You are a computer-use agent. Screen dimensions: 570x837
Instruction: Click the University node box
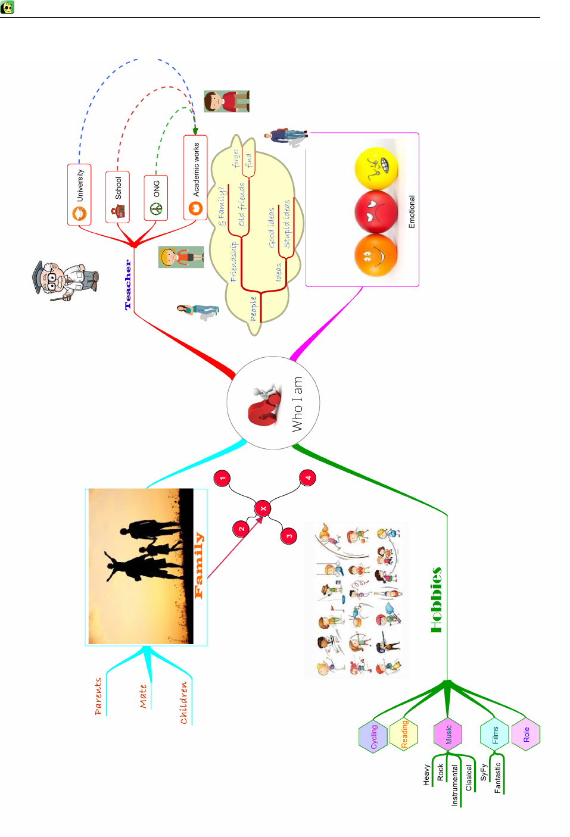79,194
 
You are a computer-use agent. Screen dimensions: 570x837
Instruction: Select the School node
117,197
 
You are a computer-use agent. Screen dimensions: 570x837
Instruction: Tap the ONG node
155,198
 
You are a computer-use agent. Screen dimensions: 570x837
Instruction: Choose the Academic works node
195,177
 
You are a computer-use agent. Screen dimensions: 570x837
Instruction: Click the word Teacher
128,285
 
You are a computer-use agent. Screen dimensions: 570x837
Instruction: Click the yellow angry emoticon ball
376,168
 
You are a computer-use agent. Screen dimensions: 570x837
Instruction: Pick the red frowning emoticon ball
376,211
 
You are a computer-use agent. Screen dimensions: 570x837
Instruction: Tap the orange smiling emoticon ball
375,255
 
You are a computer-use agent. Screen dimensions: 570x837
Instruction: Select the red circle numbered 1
222,478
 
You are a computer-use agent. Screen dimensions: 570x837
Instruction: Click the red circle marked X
263,508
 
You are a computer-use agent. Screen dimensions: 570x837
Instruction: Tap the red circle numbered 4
308,477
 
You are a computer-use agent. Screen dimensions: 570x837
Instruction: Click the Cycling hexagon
373,736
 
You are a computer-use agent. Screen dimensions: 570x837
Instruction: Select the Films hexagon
495,735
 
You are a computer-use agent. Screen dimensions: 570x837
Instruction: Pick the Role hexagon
526,735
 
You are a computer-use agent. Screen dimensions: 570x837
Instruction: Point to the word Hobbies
437,599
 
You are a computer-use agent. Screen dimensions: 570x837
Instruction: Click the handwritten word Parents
98,696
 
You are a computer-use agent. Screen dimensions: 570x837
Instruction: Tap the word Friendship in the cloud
233,261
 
